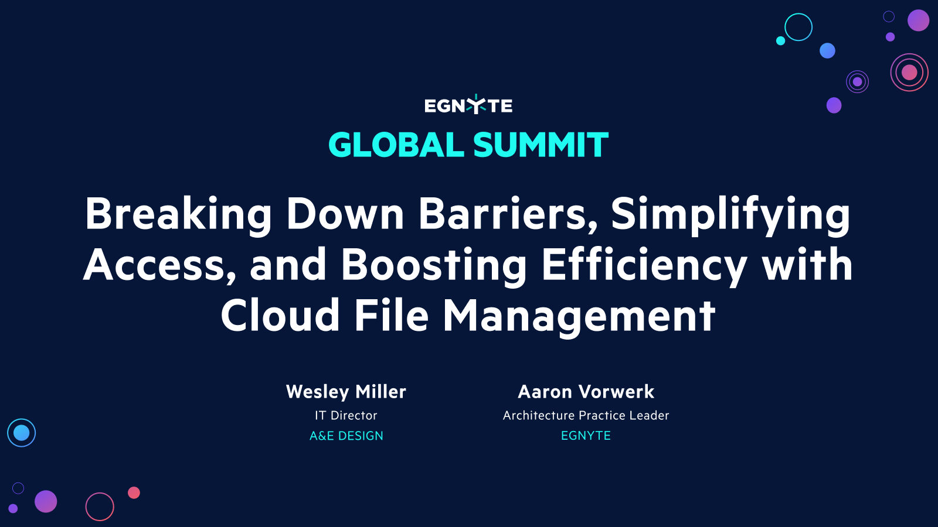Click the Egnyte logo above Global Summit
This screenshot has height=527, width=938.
point(468,105)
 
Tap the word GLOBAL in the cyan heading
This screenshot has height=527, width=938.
point(396,145)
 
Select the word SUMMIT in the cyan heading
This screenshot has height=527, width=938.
point(541,145)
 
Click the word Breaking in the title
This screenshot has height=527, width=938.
point(178,214)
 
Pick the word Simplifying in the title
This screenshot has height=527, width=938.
point(730,214)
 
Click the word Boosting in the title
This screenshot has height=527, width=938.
point(434,265)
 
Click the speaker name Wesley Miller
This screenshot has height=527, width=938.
point(346,392)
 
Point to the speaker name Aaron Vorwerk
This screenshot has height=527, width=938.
point(586,392)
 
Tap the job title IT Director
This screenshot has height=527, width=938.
point(346,416)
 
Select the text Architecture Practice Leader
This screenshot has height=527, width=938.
point(586,416)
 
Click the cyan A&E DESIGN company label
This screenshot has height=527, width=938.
point(346,436)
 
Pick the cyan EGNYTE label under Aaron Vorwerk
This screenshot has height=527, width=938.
point(586,436)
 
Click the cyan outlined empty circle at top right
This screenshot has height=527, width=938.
point(798,27)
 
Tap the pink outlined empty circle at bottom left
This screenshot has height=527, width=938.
point(100,507)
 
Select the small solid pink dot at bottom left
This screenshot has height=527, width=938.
point(134,492)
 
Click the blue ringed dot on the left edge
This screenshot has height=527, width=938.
point(22,433)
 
